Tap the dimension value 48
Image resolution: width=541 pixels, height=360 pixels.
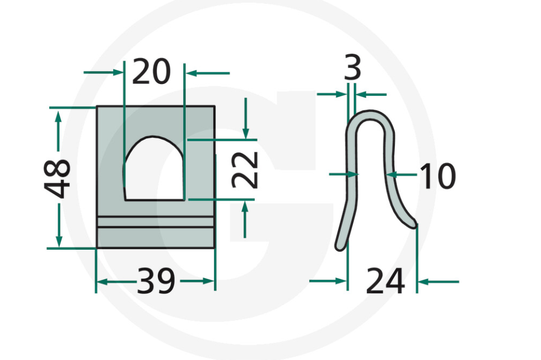click(x=58, y=178)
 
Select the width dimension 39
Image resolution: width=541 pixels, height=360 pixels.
click(x=156, y=282)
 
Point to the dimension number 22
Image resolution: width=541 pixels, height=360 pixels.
click(x=245, y=170)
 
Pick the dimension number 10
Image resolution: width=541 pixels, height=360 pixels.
click(x=437, y=176)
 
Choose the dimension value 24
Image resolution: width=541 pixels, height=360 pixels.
click(x=385, y=282)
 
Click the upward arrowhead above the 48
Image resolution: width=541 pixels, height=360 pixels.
click(x=58, y=115)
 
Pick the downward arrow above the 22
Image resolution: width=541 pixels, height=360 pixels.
click(x=245, y=133)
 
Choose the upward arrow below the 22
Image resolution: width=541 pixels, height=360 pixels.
click(x=245, y=206)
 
